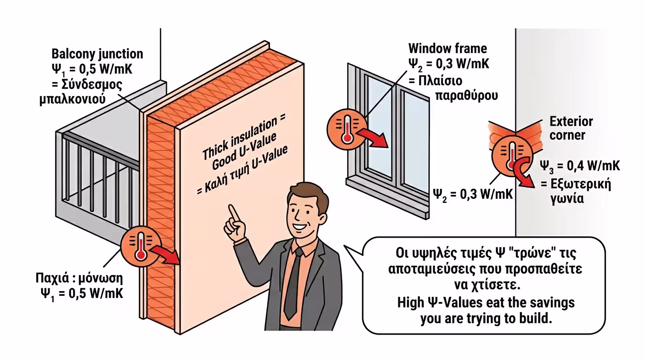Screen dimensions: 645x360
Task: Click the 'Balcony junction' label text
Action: tap(97, 54)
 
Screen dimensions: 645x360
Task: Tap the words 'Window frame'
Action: tap(448, 48)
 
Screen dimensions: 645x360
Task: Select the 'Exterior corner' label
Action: tap(571, 128)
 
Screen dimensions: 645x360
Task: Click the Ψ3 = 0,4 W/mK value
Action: tap(580, 167)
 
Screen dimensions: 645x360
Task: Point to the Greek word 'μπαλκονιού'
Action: tap(72, 99)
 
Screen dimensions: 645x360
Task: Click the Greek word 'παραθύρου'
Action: tap(466, 95)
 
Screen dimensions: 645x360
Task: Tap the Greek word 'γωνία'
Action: tap(567, 199)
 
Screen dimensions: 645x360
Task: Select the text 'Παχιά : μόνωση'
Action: tap(79, 278)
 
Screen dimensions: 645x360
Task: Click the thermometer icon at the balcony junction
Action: tap(141, 247)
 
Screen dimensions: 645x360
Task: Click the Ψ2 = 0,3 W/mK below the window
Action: tap(473, 195)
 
